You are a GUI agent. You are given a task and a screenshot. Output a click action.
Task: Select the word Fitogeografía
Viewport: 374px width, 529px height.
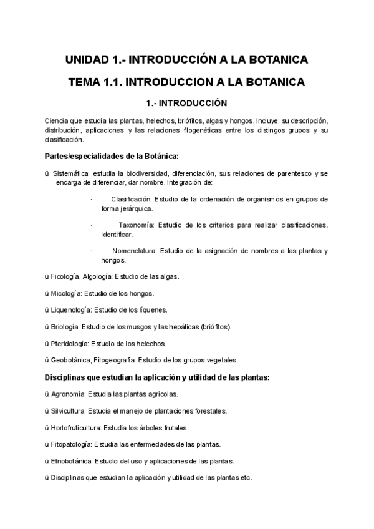114,360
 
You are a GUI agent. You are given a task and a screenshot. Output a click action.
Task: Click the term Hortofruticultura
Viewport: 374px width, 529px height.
74,427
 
